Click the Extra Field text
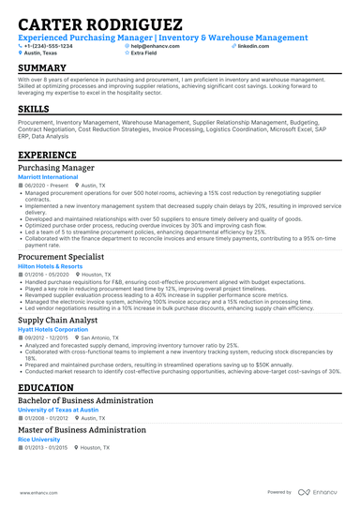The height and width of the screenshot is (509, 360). (x=145, y=53)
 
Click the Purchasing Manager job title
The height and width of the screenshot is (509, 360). (x=56, y=168)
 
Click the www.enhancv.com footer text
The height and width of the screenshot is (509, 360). (x=37, y=491)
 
